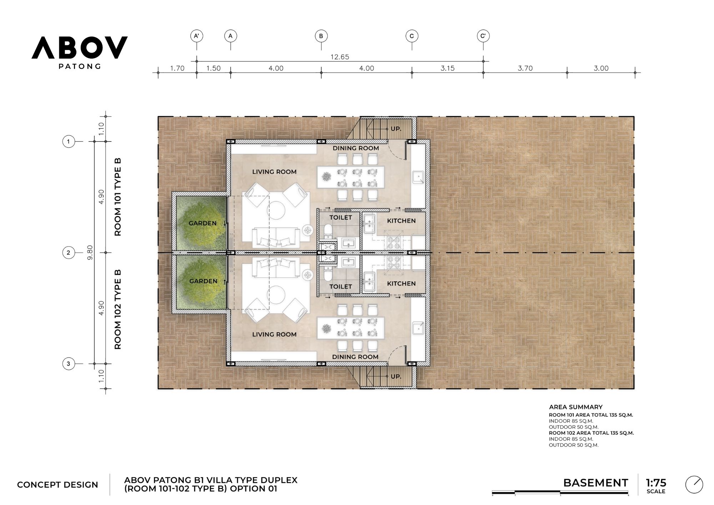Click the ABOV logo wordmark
[x=79, y=47]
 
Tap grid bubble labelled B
[x=321, y=36]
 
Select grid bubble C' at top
[x=483, y=36]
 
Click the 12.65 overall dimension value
[x=340, y=57]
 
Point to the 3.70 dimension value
[x=525, y=68]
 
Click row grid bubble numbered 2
[x=69, y=252]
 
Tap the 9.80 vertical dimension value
[x=90, y=252]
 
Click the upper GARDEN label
[x=202, y=223]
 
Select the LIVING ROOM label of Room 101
[x=274, y=172]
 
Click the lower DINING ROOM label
[x=355, y=357]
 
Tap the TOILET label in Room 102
[x=341, y=286]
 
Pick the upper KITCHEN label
[x=401, y=221]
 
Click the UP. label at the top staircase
[x=396, y=129]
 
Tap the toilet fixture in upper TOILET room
[x=328, y=230]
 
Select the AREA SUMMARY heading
[x=575, y=407]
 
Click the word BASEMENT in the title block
[x=595, y=483]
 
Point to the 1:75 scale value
[x=656, y=483]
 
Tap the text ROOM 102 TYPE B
[x=118, y=309]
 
